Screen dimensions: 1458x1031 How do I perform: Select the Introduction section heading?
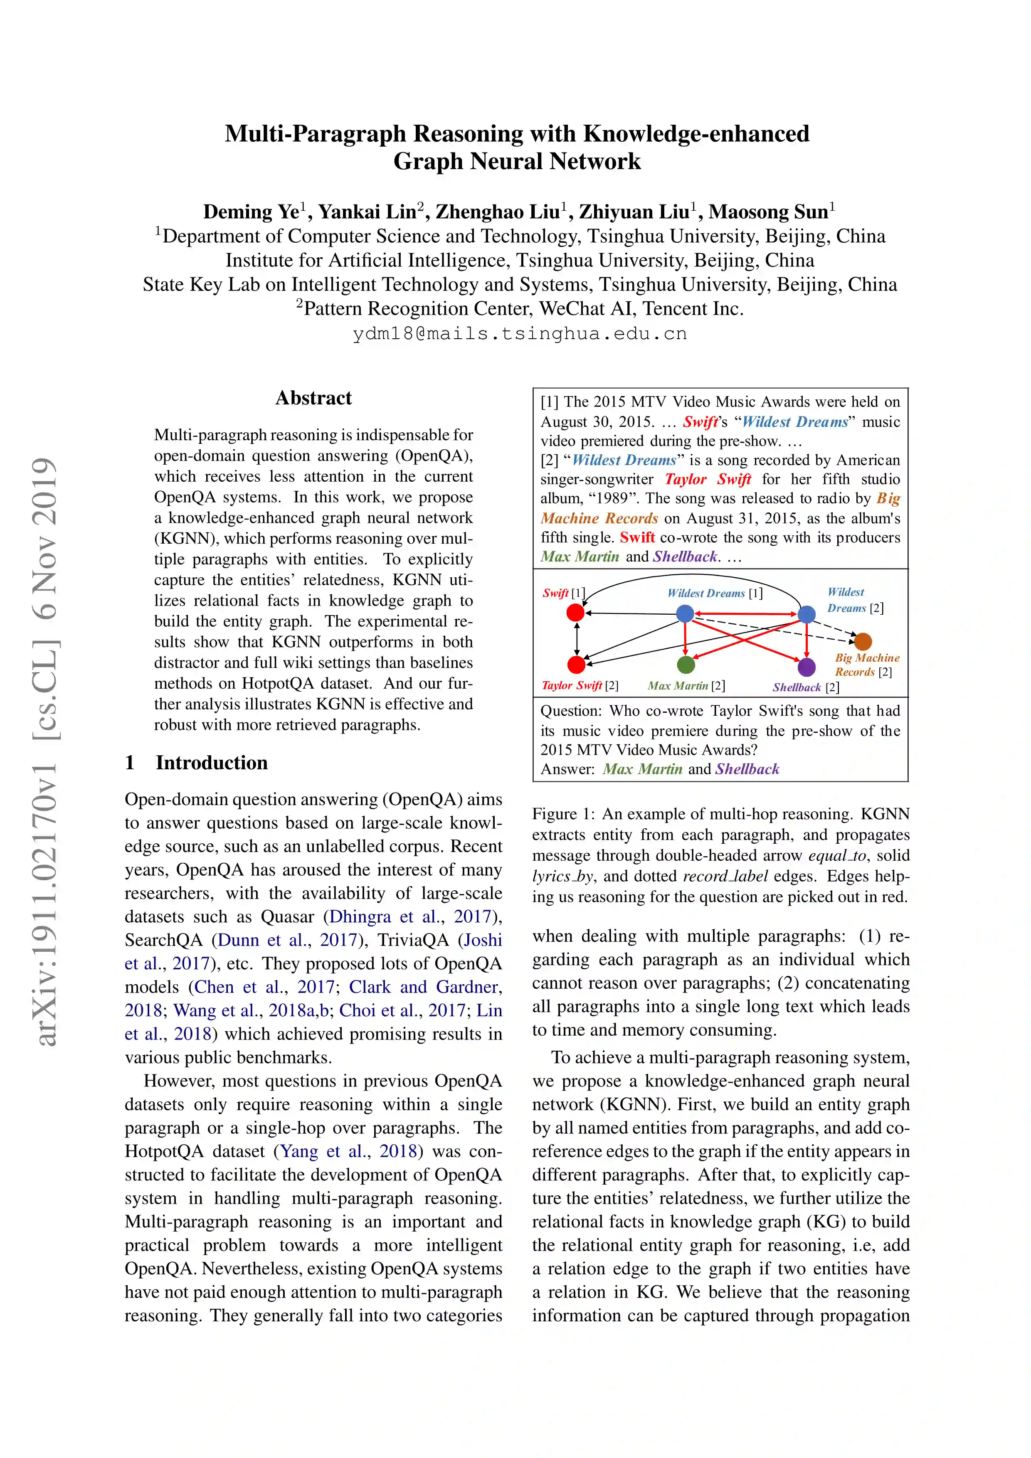coord(212,763)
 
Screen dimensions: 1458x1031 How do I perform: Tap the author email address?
coord(520,333)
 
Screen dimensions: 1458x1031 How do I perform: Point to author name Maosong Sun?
coord(768,212)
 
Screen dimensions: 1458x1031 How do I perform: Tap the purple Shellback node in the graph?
coord(806,667)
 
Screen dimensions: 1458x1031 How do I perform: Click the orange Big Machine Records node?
coord(863,641)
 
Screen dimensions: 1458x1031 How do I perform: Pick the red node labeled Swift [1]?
coord(575,612)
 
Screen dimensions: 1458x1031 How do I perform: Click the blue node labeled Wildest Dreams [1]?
coord(685,613)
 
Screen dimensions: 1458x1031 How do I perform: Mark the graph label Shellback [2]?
coord(806,687)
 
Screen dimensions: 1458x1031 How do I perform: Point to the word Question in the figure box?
coord(570,711)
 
